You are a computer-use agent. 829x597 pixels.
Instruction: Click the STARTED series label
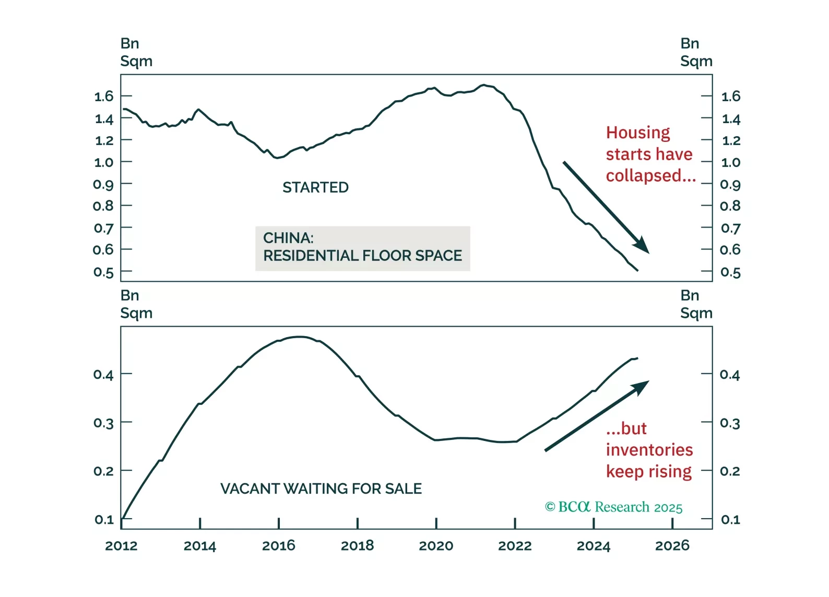click(315, 187)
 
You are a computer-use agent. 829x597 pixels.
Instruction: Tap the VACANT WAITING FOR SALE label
click(321, 488)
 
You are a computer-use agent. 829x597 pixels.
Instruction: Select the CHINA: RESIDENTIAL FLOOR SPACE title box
click(362, 247)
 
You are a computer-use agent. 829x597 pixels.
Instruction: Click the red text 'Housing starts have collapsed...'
click(650, 154)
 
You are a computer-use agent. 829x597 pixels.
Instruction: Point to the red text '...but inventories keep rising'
click(649, 450)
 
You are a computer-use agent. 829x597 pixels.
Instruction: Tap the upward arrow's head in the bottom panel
click(642, 386)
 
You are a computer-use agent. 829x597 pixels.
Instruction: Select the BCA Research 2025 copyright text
click(613, 507)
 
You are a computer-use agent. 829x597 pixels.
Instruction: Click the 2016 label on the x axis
click(278, 546)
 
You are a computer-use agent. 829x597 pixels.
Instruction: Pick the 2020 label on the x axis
click(436, 546)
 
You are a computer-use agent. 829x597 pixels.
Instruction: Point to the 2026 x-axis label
click(672, 546)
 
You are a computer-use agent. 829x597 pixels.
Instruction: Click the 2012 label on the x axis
click(121, 546)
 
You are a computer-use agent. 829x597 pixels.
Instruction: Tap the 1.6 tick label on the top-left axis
click(103, 96)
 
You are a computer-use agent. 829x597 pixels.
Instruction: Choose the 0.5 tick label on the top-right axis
click(730, 272)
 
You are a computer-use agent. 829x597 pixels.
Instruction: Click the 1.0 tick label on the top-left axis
click(103, 162)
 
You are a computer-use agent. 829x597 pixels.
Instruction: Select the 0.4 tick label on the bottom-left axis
click(103, 375)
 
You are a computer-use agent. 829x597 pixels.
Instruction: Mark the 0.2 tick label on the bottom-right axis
click(730, 471)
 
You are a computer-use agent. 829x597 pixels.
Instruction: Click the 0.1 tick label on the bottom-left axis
click(104, 520)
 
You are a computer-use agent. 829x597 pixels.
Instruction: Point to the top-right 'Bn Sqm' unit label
click(696, 52)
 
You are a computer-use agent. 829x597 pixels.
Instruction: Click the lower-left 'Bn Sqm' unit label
click(136, 304)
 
